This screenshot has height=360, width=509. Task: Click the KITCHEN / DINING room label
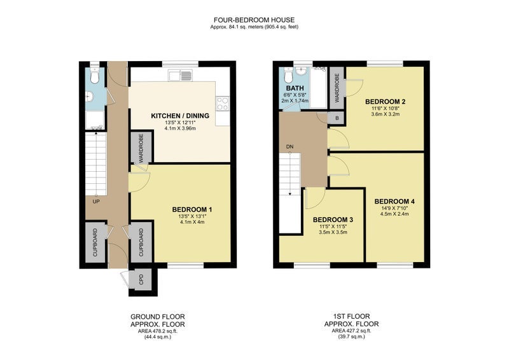pos(180,116)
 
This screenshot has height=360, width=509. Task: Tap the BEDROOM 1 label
pos(192,209)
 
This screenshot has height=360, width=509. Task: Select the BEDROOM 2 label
pos(386,101)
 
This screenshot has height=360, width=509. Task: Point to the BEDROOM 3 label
pos(333,219)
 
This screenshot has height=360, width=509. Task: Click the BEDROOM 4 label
pos(394,201)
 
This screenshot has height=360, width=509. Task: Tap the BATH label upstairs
pos(295,88)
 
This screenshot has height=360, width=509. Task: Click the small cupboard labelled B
pos(337,118)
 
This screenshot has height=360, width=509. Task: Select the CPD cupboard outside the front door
pos(141,279)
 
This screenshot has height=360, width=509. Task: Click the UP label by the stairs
pos(96,202)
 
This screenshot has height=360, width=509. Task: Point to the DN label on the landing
pos(290,147)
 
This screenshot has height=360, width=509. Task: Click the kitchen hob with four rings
pos(223,104)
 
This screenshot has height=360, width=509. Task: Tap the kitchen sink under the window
pos(180,76)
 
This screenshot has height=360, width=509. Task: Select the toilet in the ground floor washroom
pos(94,76)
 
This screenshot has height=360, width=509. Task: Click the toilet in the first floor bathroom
pos(288,76)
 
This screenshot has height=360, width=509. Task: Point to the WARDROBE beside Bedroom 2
pos(337,88)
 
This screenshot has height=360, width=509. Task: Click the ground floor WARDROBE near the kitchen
pos(141,148)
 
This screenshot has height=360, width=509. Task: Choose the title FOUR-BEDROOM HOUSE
pos(254,20)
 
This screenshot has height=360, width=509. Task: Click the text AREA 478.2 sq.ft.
pos(158,331)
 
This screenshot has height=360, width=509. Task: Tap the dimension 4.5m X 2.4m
pos(394,214)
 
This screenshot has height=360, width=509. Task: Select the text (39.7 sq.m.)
pos(352,336)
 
